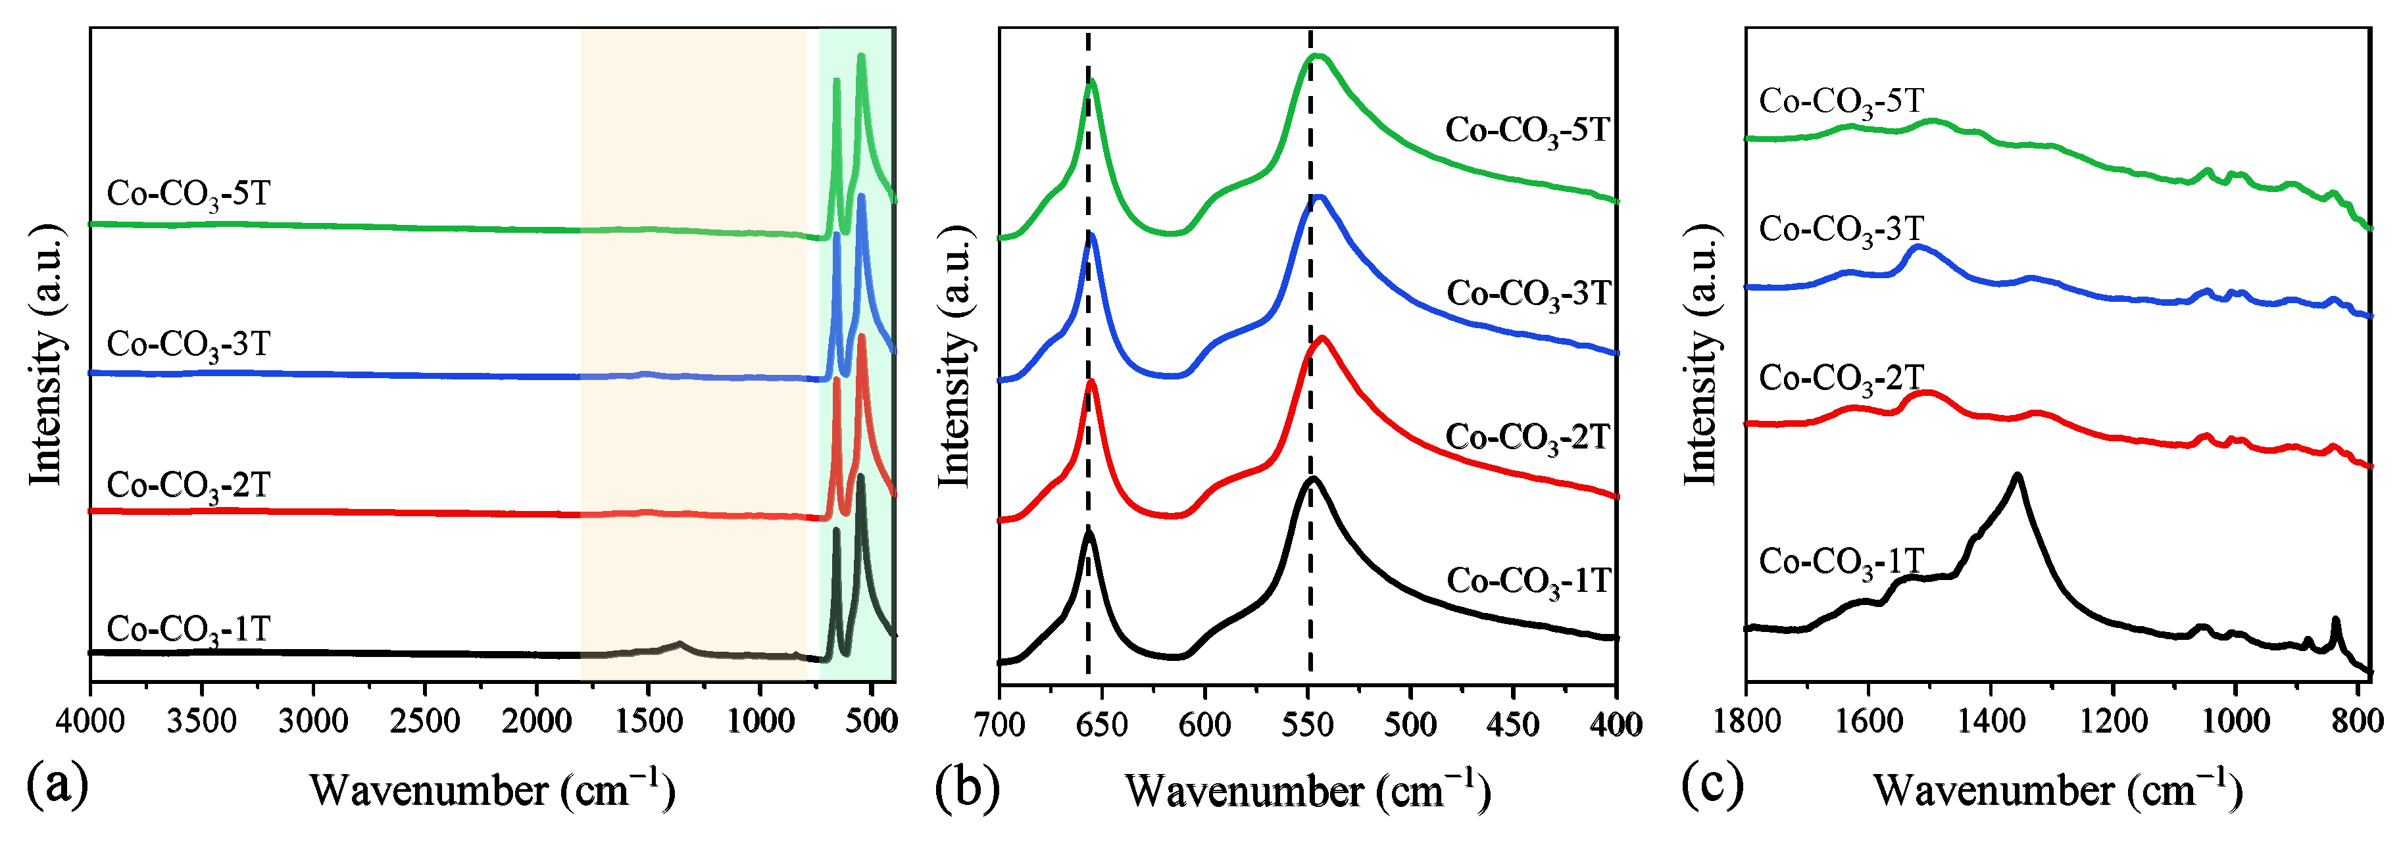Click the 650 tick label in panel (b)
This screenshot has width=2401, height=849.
(x=1102, y=724)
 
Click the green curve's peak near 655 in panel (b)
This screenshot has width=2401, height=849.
(x=1091, y=81)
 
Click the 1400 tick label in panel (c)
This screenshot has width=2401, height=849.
(x=1990, y=722)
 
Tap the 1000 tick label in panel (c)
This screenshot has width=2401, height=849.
(x=2234, y=722)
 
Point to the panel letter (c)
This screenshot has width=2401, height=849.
(x=1711, y=784)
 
